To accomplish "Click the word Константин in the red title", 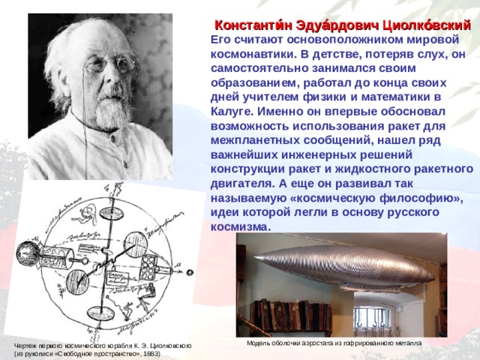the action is (x=253, y=26).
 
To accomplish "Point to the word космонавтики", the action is (x=253, y=54).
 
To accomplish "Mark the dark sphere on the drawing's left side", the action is (x=28, y=253).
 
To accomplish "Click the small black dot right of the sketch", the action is (x=190, y=271).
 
